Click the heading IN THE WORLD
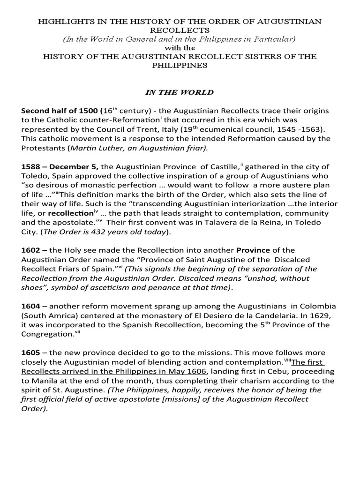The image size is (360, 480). (x=180, y=92)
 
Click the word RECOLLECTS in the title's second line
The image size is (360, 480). (x=180, y=30)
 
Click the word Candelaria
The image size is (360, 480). (x=257, y=315)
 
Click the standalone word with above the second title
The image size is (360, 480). (x=180, y=48)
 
